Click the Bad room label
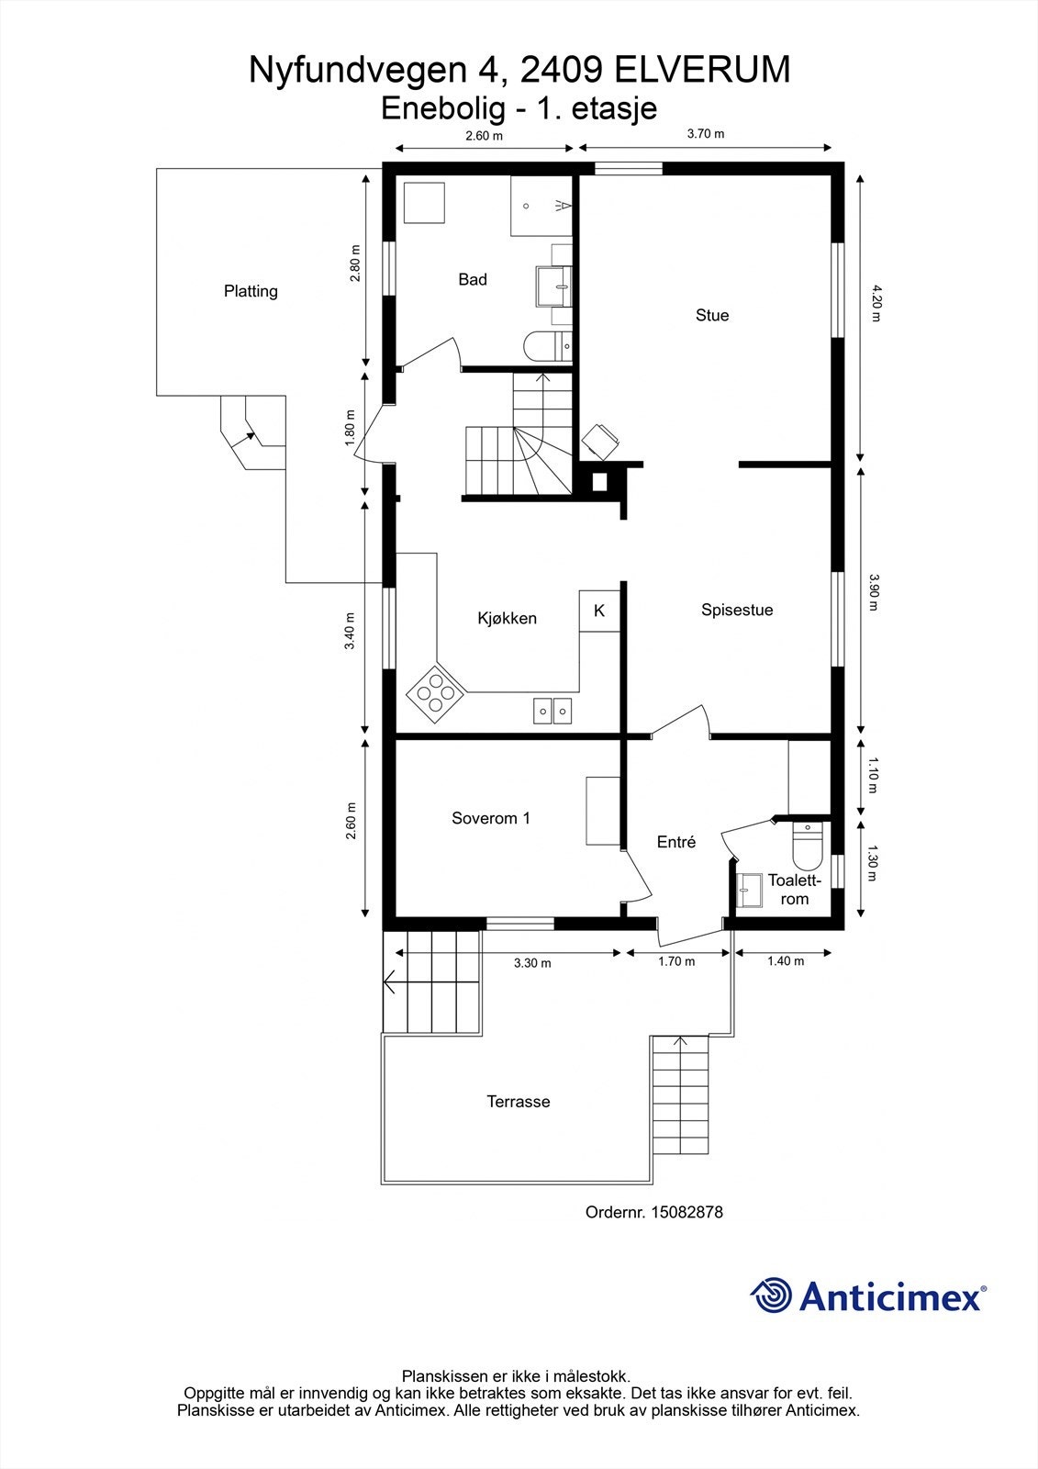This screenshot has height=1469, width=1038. click(x=472, y=280)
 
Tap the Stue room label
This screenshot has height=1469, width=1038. click(x=712, y=316)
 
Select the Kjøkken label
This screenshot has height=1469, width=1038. click(x=507, y=619)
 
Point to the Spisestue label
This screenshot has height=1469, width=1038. click(x=737, y=610)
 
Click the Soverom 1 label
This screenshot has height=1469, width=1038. click(x=490, y=818)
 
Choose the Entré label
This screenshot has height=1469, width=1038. click(x=676, y=842)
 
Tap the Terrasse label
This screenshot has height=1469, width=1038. click(x=518, y=1102)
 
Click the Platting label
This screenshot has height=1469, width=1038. click(x=251, y=291)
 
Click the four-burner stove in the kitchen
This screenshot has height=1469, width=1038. click(x=435, y=694)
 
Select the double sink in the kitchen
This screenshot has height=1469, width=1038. click(x=552, y=711)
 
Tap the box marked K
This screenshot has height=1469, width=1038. click(x=599, y=611)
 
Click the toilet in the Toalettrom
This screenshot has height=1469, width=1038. click(x=808, y=846)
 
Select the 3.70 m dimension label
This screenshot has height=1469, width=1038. click(x=706, y=134)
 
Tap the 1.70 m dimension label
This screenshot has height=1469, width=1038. click(x=676, y=961)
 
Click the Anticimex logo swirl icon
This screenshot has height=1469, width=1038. click(x=772, y=1295)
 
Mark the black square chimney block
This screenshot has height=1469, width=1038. click(x=599, y=481)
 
